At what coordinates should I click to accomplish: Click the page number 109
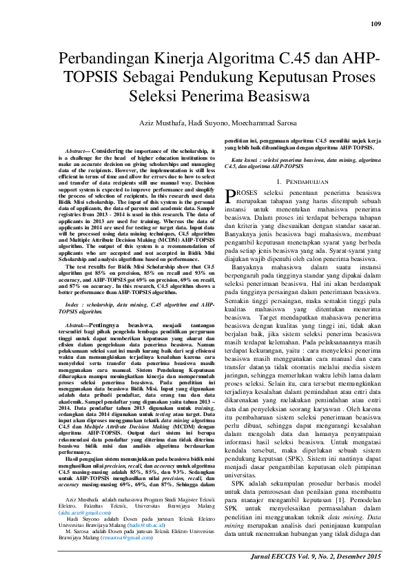pyautogui.click(x=376, y=25)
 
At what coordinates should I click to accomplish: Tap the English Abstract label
pyautogui.click(x=75, y=150)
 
